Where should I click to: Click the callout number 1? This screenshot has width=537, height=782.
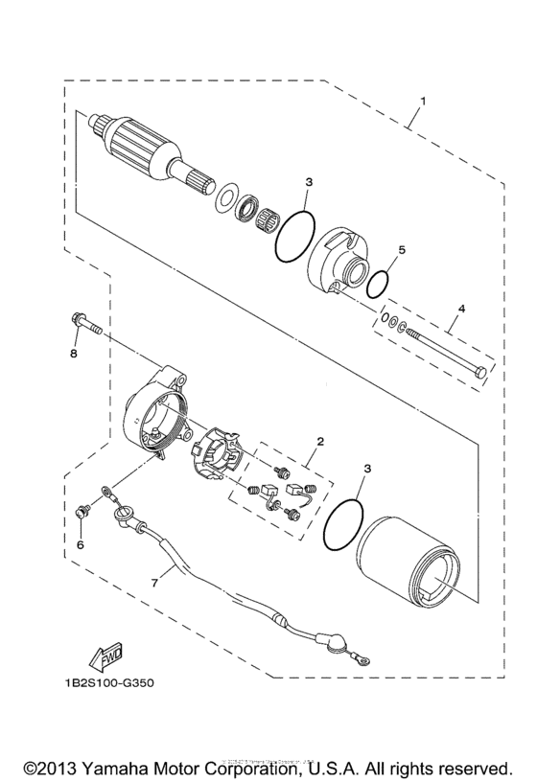(423, 101)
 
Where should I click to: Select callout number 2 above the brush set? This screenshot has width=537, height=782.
(320, 442)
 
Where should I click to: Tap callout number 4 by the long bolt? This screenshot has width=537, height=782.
(461, 309)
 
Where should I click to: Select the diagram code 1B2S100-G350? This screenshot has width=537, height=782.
(101, 684)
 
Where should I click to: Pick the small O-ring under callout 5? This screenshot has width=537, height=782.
(379, 284)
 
